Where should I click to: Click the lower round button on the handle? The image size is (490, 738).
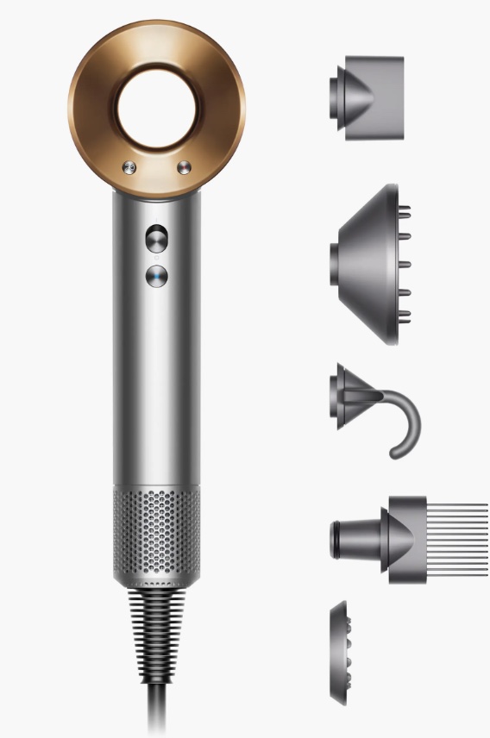click(157, 276)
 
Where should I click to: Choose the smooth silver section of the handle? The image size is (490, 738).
click(157, 388)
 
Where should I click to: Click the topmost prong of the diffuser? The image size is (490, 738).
click(405, 208)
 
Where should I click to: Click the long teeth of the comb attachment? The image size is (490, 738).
click(457, 540)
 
